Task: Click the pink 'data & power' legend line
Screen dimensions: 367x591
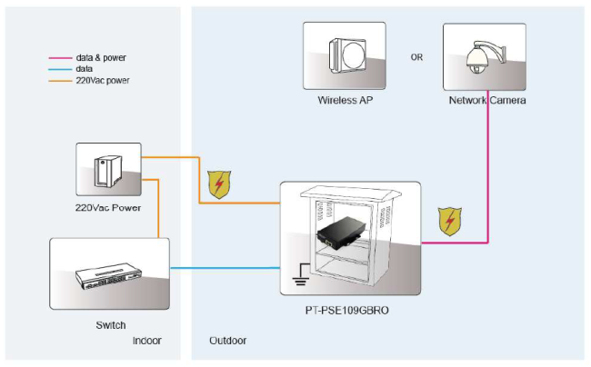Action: [x=59, y=57]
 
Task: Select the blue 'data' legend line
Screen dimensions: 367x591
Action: [x=59, y=68]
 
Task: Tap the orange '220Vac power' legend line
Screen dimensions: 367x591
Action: [x=59, y=80]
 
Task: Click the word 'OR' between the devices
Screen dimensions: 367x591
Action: [x=416, y=57]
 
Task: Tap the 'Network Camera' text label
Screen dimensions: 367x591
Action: [x=486, y=100]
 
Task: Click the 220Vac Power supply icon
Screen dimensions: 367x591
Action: [x=108, y=171]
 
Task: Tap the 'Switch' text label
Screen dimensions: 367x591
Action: [x=110, y=324]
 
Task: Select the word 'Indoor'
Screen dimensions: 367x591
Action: [x=147, y=341]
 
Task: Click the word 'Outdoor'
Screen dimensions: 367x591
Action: [x=227, y=341]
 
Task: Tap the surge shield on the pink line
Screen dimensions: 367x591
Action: [x=447, y=221]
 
